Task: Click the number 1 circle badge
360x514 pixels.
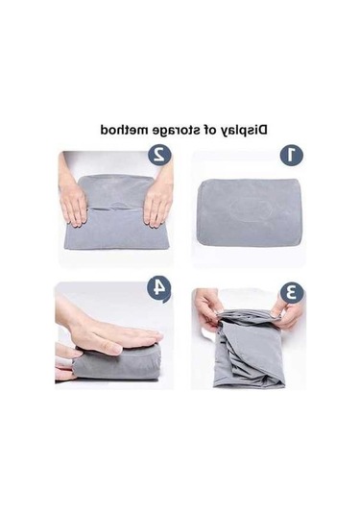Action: tap(291, 155)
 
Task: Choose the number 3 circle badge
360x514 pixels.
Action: tap(291, 291)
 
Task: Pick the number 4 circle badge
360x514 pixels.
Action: tap(158, 288)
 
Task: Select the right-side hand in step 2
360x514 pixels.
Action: tap(157, 201)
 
